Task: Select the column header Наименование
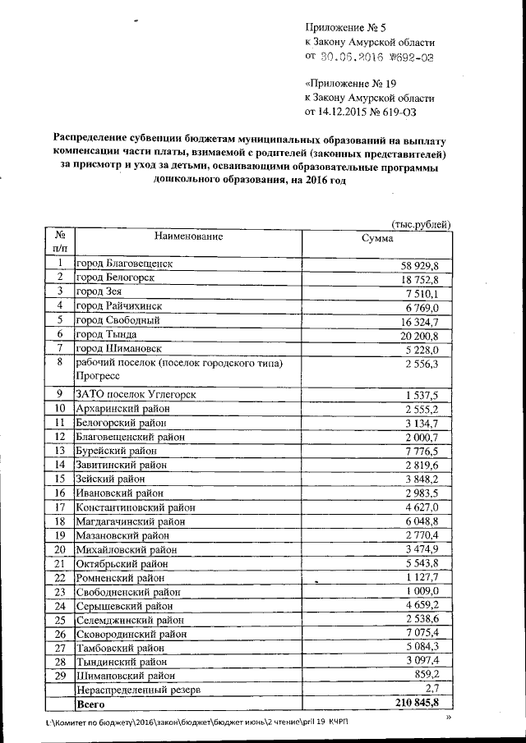point(188,236)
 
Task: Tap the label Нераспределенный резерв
point(137,690)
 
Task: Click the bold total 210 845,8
point(418,704)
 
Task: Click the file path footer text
point(197,722)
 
